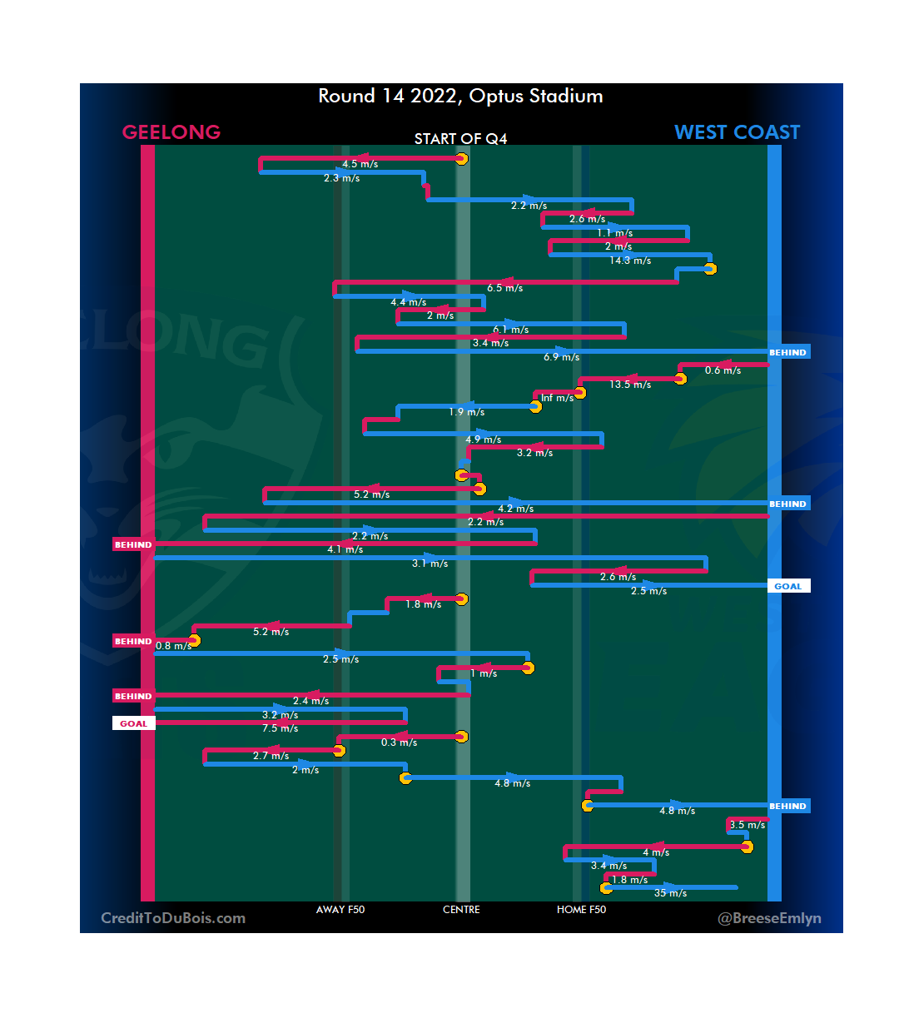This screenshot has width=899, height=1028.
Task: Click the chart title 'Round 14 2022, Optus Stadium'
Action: [x=460, y=97]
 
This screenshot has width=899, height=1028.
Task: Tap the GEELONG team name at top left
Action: [x=171, y=132]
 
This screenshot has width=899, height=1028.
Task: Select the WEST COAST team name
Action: [x=737, y=132]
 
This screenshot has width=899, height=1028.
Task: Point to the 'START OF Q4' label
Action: [x=460, y=139]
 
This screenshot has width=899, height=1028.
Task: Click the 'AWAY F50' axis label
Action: [x=340, y=910]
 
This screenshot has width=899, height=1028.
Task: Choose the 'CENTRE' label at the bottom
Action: [x=461, y=910]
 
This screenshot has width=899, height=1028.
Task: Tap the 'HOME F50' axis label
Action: [x=581, y=910]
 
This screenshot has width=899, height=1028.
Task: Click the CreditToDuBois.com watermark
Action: [x=173, y=918]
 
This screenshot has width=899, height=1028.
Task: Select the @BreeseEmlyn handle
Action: [x=769, y=918]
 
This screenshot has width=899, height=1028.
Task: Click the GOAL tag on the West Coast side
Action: [x=787, y=586]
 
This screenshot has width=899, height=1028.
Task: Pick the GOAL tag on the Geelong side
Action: [x=133, y=723]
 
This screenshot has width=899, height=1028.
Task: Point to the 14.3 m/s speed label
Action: [x=630, y=261]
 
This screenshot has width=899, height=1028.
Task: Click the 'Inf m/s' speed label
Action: [x=557, y=398]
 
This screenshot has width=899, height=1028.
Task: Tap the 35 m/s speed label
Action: [x=670, y=893]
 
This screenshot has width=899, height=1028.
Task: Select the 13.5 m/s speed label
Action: [x=630, y=385]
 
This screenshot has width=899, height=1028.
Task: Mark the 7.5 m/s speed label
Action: [x=280, y=728]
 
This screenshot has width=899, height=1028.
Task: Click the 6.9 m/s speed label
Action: [x=561, y=357]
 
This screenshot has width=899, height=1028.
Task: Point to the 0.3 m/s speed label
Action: [x=399, y=742]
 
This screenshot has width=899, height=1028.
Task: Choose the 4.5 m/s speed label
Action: [x=360, y=164]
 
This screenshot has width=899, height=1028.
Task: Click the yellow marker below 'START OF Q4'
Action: [x=461, y=159]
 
